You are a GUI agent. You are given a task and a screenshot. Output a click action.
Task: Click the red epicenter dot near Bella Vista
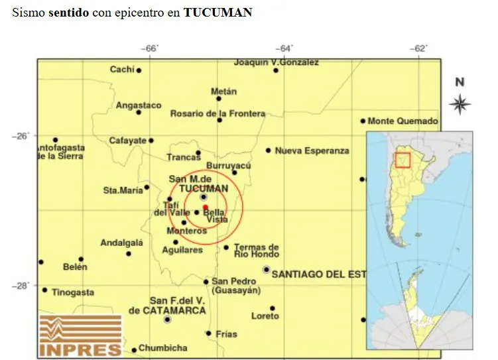(206, 208)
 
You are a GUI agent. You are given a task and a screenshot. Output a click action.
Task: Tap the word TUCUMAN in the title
(218, 13)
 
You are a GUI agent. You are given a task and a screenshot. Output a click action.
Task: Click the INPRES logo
(80, 335)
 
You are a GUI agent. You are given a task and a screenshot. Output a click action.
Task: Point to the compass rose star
(460, 104)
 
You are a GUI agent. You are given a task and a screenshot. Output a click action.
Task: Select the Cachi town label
(122, 70)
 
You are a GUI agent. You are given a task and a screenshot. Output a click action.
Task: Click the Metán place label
(223, 91)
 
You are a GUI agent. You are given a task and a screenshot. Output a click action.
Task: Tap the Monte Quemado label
(403, 121)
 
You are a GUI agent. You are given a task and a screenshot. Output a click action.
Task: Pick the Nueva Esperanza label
(312, 150)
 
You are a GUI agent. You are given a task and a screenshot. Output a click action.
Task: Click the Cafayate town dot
(151, 141)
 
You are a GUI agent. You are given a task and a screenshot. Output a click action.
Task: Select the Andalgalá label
(121, 243)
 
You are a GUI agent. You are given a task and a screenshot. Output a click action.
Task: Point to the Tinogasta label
(73, 292)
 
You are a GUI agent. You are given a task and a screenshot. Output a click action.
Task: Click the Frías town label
(226, 334)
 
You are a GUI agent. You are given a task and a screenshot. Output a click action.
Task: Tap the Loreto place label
(265, 316)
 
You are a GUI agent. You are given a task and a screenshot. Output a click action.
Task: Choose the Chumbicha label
(163, 348)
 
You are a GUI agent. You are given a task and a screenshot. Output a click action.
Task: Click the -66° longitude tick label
(151, 48)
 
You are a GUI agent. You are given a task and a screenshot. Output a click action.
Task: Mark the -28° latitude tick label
(20, 286)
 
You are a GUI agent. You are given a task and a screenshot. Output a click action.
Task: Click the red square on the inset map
(403, 160)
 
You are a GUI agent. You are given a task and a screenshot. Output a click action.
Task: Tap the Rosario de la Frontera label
(218, 113)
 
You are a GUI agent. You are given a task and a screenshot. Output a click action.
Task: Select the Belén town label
(75, 267)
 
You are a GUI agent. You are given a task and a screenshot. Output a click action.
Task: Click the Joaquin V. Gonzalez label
(277, 62)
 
